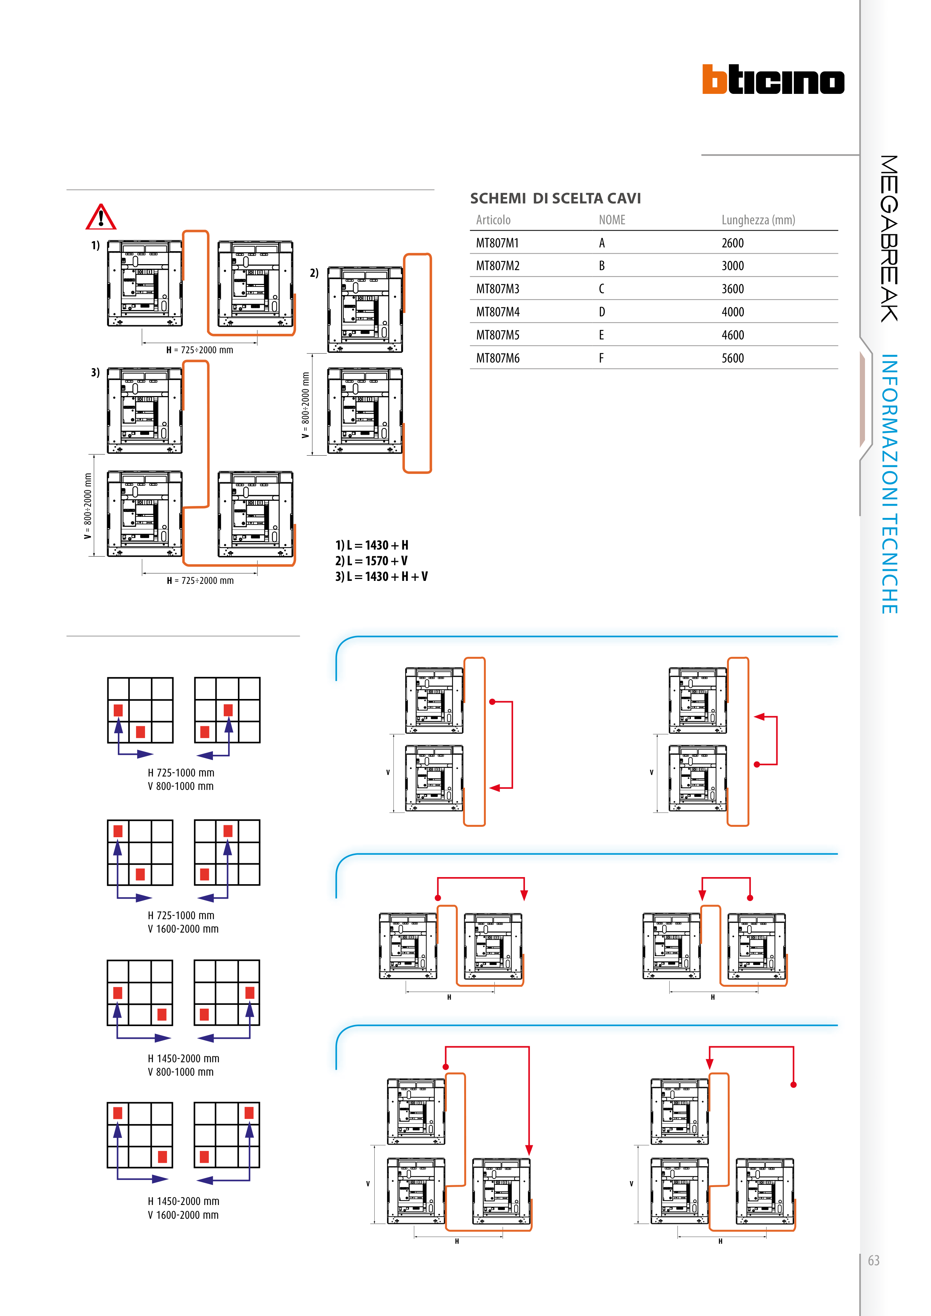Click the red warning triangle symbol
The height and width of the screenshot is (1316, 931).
click(x=101, y=217)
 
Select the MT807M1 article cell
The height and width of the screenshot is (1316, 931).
click(x=497, y=243)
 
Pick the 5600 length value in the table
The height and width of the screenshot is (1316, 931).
click(x=733, y=358)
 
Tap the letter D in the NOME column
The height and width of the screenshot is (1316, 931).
click(x=602, y=312)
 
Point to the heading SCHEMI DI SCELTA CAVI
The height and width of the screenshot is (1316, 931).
click(x=555, y=198)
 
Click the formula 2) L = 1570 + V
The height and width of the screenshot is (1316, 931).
click(x=371, y=560)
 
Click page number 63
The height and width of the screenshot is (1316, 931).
click(x=873, y=1260)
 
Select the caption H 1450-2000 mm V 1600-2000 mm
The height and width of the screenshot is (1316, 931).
click(x=183, y=1208)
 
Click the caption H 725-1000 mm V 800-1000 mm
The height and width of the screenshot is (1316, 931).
click(x=181, y=779)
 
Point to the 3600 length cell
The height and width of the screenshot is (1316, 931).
click(x=733, y=289)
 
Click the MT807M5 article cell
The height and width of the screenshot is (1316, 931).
click(x=497, y=335)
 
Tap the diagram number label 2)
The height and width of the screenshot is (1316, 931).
click(x=314, y=273)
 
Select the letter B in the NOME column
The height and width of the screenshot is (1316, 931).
click(x=602, y=266)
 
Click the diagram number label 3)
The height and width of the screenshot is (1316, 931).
click(x=95, y=373)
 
